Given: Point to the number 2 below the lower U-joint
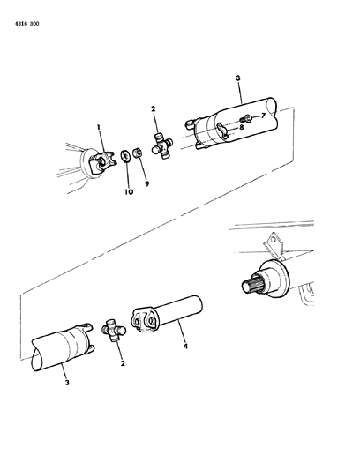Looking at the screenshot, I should (122, 362).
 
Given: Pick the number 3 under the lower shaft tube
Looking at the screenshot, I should (66, 383).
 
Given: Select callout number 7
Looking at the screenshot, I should (262, 116).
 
